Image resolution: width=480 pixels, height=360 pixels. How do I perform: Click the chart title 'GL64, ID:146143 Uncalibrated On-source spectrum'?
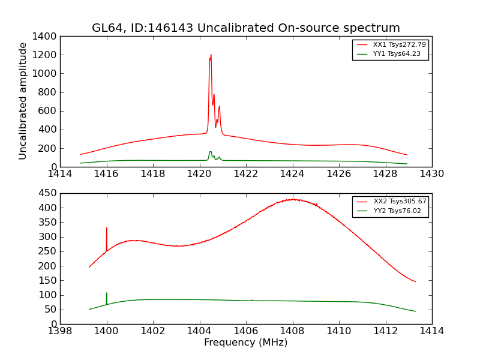coord(245,28)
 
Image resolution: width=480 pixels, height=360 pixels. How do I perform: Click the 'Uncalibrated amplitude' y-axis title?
coord(23,101)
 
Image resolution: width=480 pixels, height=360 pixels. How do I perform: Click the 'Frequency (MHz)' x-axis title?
coord(245,343)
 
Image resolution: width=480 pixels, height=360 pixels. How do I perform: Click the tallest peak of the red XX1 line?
coord(211,55)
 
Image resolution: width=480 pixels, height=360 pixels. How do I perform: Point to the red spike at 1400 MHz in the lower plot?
coord(107,228)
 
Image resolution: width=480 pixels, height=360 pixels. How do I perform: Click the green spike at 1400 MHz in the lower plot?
coord(107,293)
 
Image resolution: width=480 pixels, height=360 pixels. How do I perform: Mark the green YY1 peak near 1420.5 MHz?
coord(211,151)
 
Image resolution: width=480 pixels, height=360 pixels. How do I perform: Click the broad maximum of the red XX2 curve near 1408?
coord(293,199)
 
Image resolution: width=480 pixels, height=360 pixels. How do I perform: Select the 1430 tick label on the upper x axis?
coord(431,174)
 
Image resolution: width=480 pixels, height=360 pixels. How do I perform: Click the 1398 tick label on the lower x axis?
coord(60,331)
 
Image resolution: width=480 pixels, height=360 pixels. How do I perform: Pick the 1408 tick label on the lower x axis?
coord(292,331)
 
